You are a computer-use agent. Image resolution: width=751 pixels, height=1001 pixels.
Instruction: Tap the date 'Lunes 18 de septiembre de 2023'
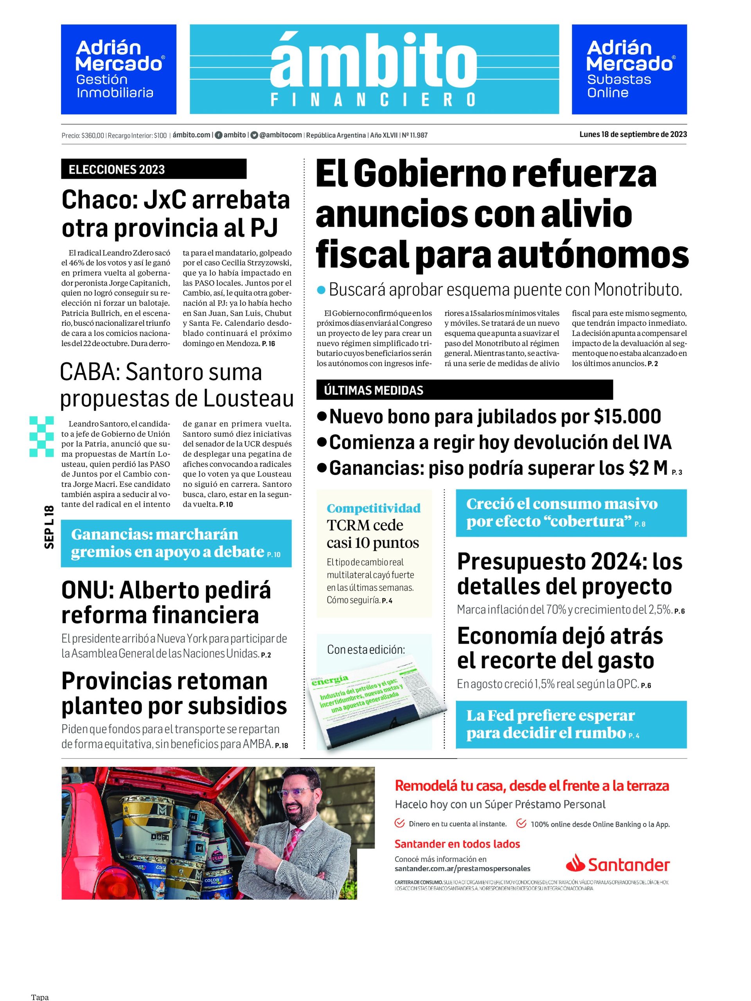pyautogui.click(x=633, y=135)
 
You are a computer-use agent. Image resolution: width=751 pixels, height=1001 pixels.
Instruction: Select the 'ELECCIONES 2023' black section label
pyautogui.click(x=117, y=170)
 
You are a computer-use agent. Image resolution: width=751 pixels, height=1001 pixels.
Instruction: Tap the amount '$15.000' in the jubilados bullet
pyautogui.click(x=627, y=416)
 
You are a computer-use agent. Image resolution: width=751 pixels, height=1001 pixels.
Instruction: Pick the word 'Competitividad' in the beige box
pyautogui.click(x=374, y=508)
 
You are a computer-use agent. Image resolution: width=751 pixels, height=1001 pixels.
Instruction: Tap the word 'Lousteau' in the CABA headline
pyautogui.click(x=248, y=398)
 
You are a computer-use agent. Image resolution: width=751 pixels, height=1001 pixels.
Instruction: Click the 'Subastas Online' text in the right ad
pyautogui.click(x=619, y=86)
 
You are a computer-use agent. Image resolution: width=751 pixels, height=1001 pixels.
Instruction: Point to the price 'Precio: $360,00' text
pyautogui.click(x=83, y=135)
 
